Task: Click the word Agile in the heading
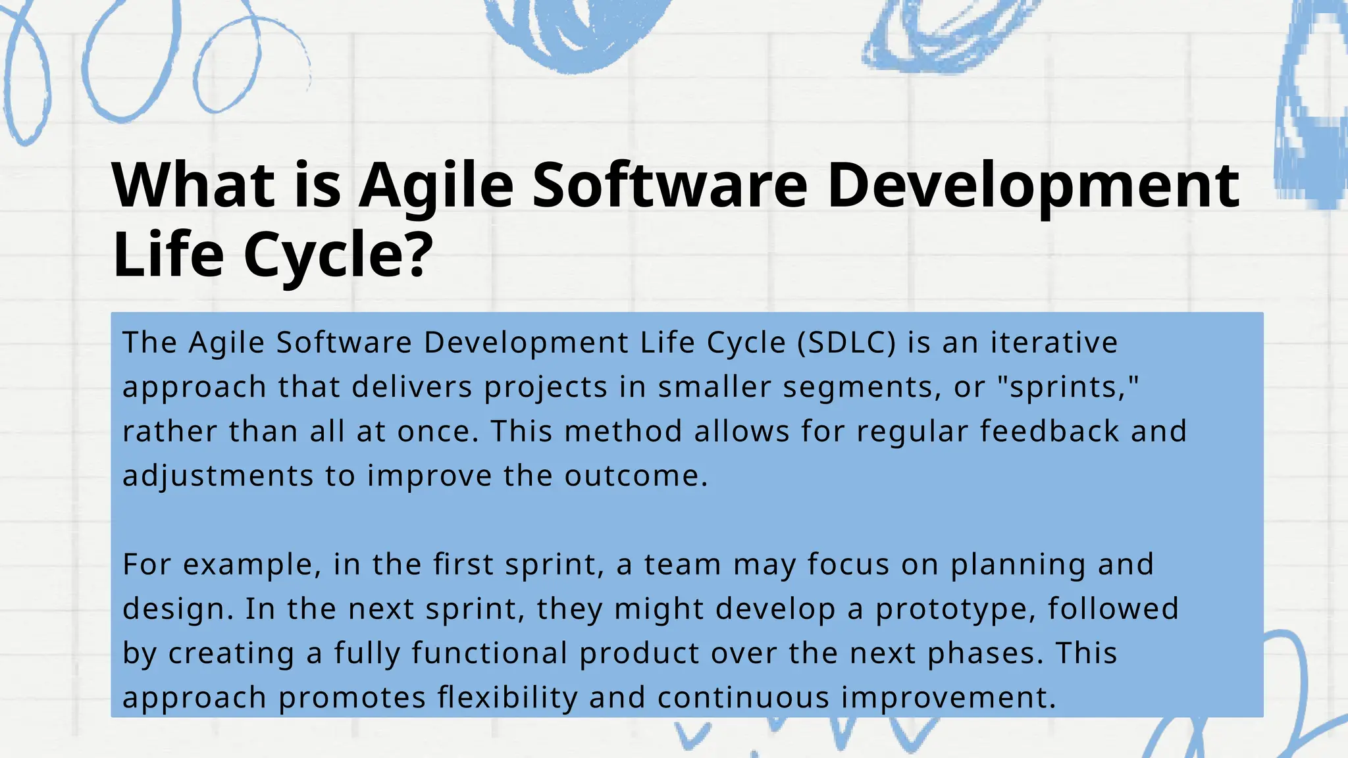436,186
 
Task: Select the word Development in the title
1033,186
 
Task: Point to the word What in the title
194,186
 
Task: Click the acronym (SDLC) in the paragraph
846,343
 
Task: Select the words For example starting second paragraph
221,565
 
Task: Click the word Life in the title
168,255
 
